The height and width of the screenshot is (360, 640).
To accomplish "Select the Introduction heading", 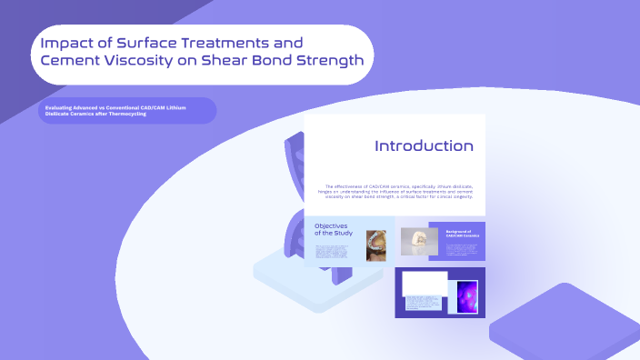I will coord(424,145).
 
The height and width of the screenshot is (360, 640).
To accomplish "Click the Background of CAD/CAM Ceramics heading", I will coord(462,234).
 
